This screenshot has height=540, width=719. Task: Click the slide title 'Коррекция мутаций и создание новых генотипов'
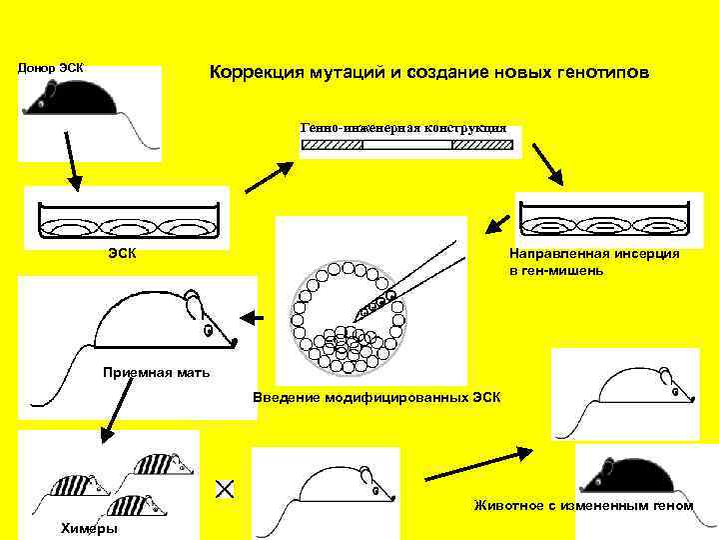click(428, 75)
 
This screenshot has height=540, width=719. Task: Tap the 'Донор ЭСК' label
click(50, 67)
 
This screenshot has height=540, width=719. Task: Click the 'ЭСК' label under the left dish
click(123, 253)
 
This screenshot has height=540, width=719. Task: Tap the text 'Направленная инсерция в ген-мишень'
click(593, 262)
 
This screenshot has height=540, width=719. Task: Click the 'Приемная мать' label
click(156, 373)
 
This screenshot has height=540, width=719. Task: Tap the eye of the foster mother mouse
click(207, 329)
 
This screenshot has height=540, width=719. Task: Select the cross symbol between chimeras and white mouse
click(225, 488)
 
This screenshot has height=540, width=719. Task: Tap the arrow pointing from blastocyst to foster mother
click(254, 318)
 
